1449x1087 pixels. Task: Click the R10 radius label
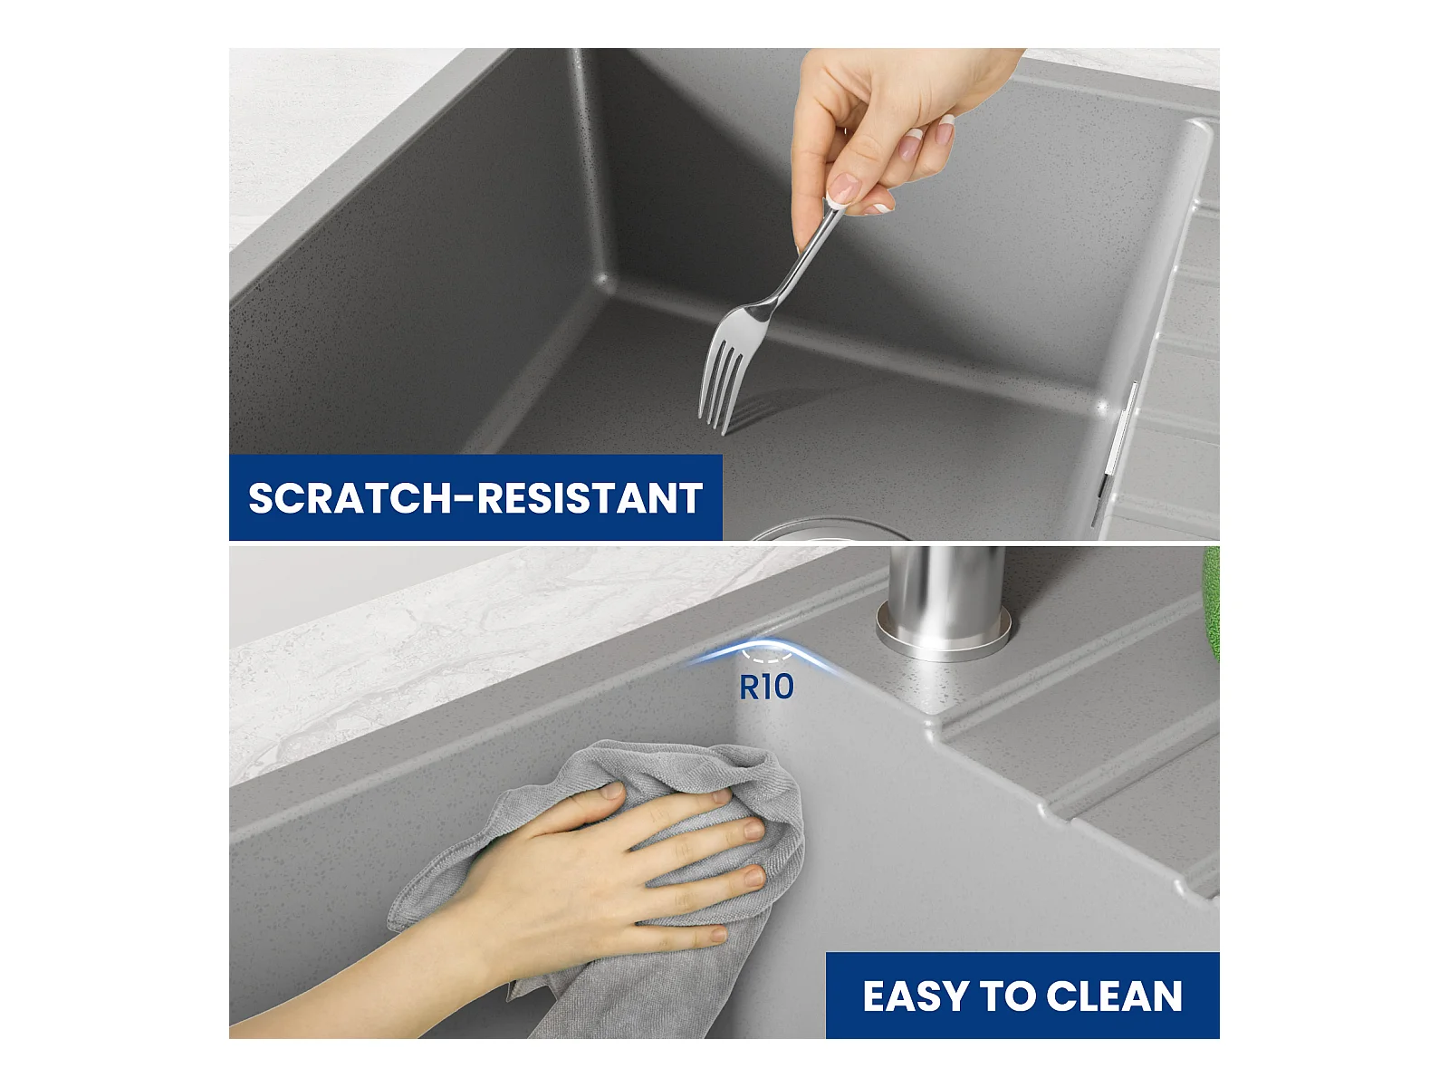coord(766,687)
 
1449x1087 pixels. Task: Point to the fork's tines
coord(723,383)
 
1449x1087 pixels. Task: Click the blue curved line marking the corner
coord(766,643)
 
